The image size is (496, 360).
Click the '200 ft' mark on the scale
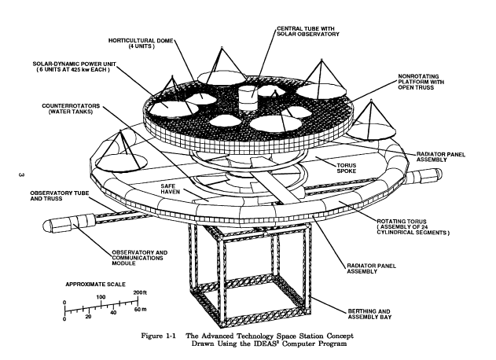pyautogui.click(x=141, y=293)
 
